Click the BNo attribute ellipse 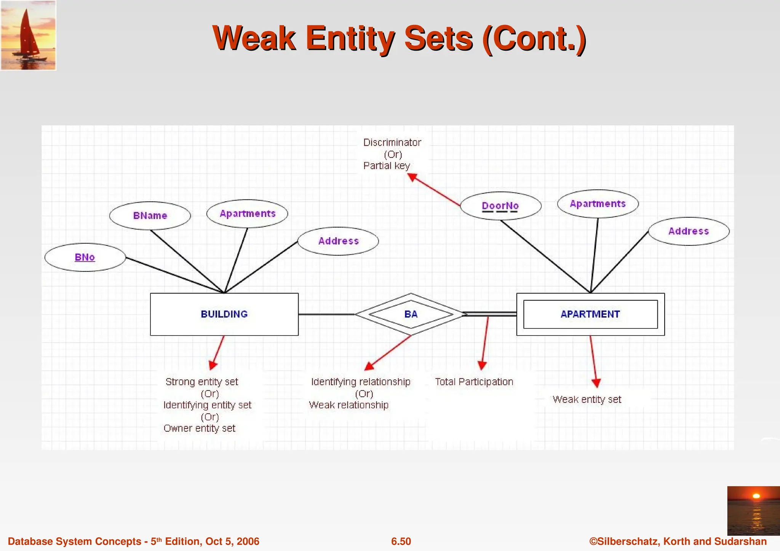point(85,257)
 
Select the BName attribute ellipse point(150,216)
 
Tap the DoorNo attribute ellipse point(500,206)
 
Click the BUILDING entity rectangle point(224,314)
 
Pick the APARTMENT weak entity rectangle point(590,314)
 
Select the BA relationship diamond point(411,314)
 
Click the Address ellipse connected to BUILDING point(338,241)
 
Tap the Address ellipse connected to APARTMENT point(689,231)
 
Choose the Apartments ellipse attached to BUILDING point(247,214)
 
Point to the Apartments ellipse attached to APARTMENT point(598,204)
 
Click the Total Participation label point(474,382)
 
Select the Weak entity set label point(587,400)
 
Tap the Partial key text point(387,166)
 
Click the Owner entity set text point(200,428)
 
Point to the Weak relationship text point(349,405)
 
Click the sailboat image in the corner point(28,35)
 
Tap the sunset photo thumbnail point(753,511)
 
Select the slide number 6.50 point(401,541)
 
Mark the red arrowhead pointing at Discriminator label point(412,177)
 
